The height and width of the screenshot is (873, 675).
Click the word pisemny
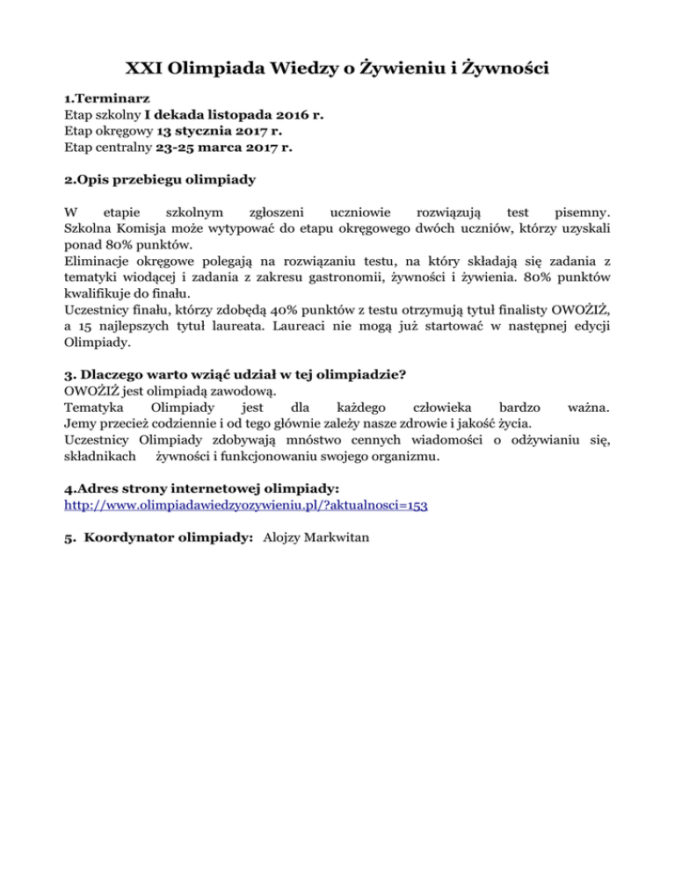(x=572, y=213)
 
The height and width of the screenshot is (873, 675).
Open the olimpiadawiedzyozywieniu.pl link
(x=246, y=507)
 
